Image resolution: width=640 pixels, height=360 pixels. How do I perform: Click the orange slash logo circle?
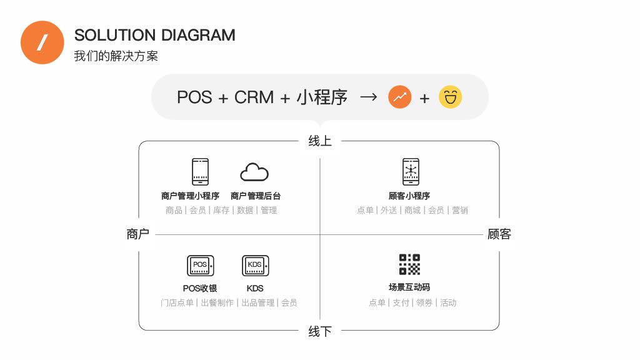pos(42,42)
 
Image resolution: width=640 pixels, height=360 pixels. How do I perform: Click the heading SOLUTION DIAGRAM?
pos(154,35)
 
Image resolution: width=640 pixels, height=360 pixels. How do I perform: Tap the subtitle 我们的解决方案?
pos(116,56)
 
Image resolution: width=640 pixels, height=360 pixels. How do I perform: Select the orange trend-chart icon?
pos(400,97)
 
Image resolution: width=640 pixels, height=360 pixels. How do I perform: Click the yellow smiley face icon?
pos(450,97)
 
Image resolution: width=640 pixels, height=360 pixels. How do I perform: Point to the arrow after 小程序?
pos(369,97)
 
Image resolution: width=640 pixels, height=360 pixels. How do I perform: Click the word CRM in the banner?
pos(254,97)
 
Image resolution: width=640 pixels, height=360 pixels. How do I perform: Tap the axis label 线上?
pos(320,141)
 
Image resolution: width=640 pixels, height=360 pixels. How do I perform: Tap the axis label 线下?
pos(320,331)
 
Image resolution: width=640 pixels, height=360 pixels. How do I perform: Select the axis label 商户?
pos(137,234)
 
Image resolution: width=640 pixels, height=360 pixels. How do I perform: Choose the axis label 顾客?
pos(499,234)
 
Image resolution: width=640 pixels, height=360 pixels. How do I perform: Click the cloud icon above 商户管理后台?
pos(254,172)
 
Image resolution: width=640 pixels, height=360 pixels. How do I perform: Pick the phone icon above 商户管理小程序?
pos(200,171)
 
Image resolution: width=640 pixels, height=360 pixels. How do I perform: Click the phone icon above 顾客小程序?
pos(411,171)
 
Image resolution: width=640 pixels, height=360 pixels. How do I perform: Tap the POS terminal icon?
pos(201,266)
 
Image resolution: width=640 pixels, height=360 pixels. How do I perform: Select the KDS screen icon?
pos(255,266)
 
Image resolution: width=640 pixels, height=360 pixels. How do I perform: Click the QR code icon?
pos(409,264)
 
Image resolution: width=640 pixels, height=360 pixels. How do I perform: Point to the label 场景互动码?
pos(409,287)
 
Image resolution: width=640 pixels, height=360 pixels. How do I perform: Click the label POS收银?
pos(200,289)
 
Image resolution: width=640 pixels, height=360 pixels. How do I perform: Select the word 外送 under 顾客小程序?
pos(389,211)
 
